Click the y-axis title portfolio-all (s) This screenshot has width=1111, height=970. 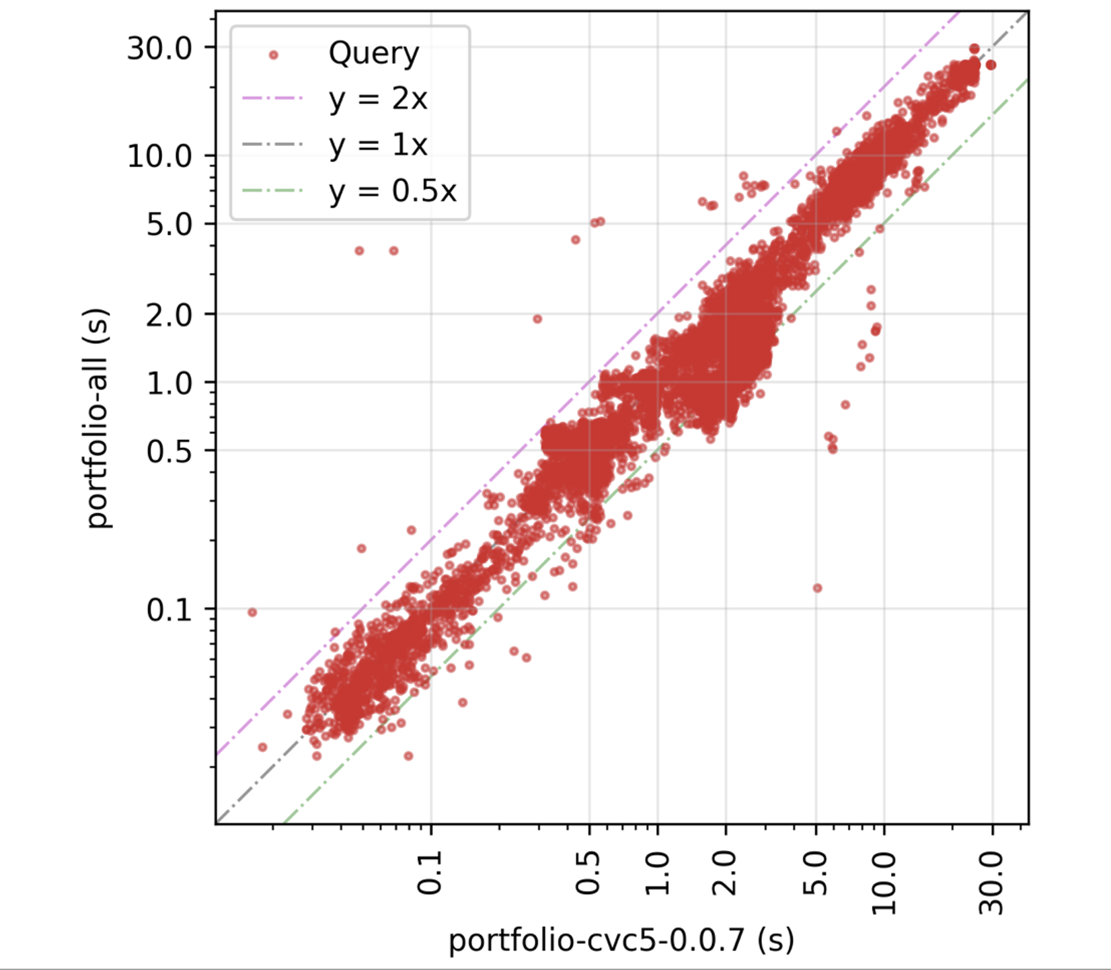[98, 418]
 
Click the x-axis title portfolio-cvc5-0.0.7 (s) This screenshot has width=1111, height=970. [621, 939]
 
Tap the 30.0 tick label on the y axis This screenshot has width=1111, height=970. [160, 48]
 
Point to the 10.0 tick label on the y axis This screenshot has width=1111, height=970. [160, 156]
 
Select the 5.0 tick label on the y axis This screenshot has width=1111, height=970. [169, 225]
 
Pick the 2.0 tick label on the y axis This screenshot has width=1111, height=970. [169, 315]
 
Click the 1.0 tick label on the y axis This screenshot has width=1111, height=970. [169, 383]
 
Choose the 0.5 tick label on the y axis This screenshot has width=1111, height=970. [169, 451]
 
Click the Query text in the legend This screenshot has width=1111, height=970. [374, 54]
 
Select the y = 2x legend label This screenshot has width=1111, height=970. [378, 100]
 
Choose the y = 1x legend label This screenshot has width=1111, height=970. [378, 145]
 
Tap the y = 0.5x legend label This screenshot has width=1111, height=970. [393, 192]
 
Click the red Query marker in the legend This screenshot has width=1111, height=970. [273, 55]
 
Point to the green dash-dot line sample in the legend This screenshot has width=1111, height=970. [273, 191]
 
